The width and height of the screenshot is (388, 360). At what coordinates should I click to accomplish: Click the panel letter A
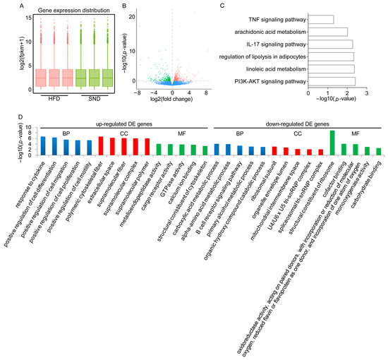click(4, 6)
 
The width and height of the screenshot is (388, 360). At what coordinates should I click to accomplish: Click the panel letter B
click(124, 6)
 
